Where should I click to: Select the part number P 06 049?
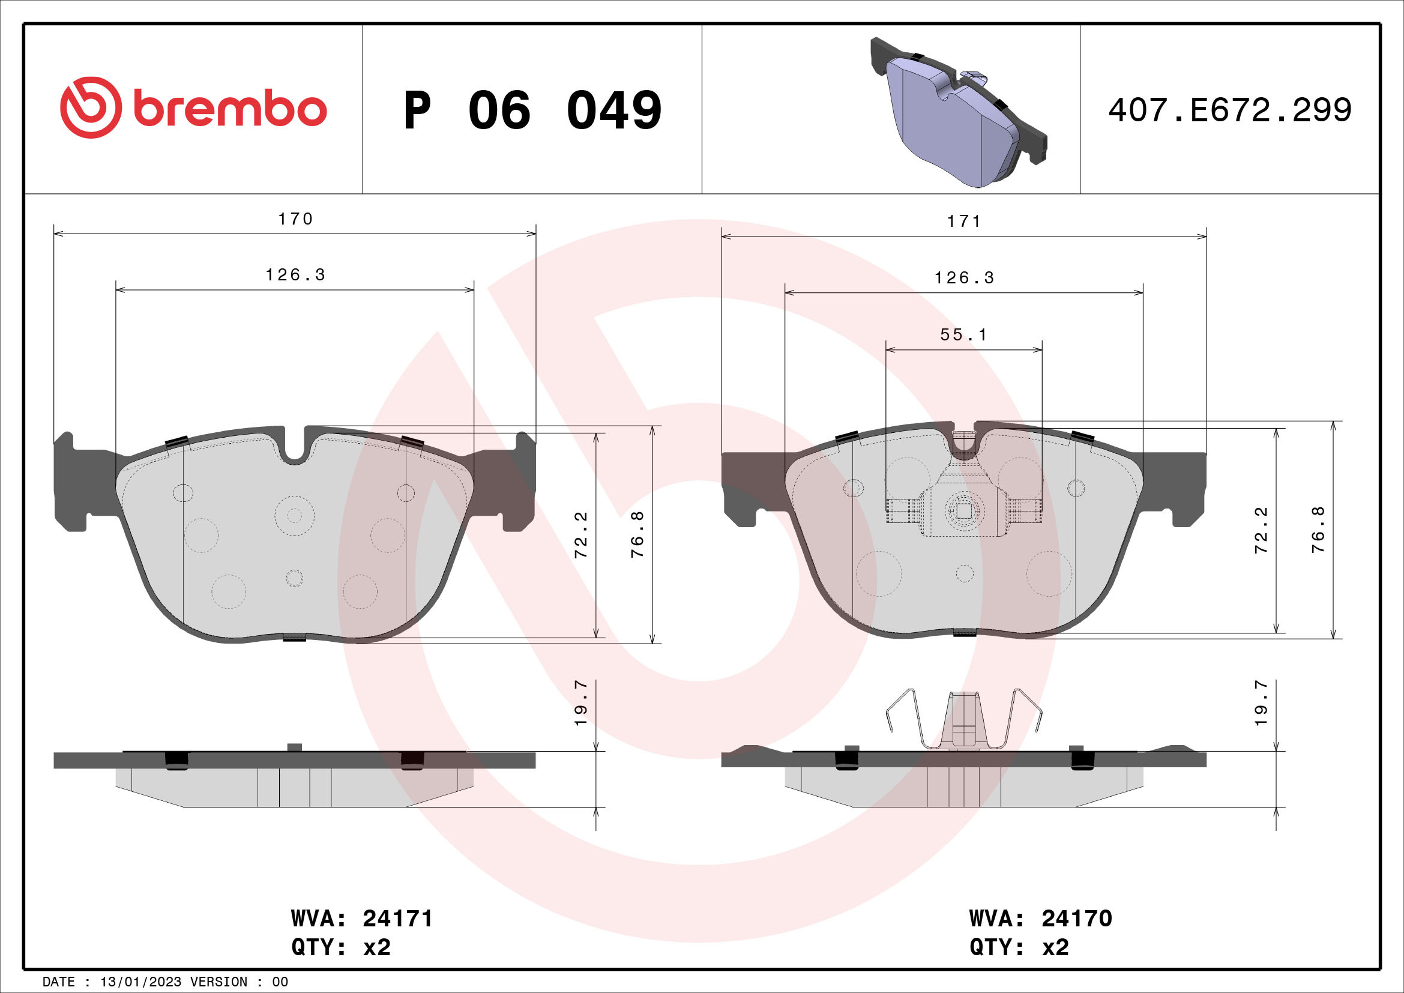tap(532, 110)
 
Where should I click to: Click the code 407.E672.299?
tap(1230, 110)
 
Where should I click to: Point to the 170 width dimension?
tap(295, 219)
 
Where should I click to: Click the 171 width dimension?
tap(964, 222)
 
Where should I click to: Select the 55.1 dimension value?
tap(964, 335)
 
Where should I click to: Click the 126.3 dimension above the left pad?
tap(295, 275)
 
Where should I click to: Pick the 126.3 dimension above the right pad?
tap(964, 278)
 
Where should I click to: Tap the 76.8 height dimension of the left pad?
tap(637, 534)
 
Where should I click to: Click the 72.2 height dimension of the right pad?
tap(1261, 530)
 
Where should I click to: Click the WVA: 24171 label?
tap(362, 919)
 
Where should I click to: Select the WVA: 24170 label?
tap(1041, 919)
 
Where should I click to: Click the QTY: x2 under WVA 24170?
tap(1019, 947)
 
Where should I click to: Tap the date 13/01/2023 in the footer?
tap(140, 982)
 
